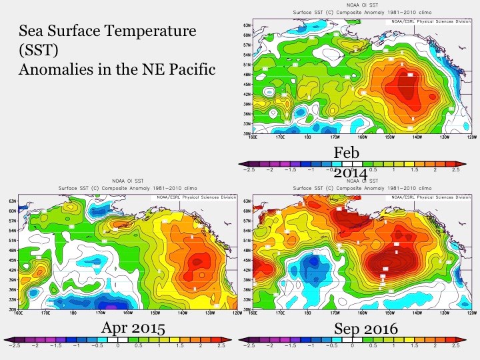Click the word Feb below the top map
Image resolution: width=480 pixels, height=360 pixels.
pyautogui.click(x=347, y=153)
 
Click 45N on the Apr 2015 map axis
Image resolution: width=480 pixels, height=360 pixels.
pyautogui.click(x=12, y=261)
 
